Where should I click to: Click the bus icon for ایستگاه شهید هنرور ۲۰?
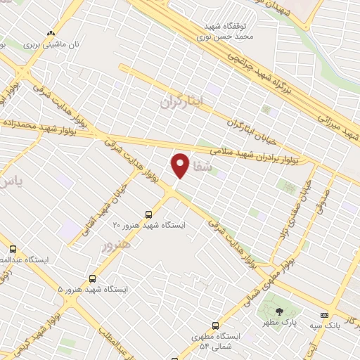tap(148, 214)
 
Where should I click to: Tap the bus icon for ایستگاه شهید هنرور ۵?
tap(92, 279)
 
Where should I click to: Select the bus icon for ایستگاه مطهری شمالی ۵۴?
tap(215, 326)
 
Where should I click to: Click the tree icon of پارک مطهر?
tap(280, 311)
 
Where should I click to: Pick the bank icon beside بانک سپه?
tap(324, 314)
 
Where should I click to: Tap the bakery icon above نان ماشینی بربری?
tap(50, 32)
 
